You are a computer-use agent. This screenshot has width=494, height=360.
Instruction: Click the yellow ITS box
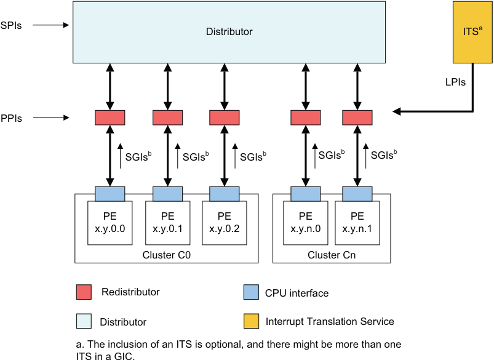[x=472, y=32]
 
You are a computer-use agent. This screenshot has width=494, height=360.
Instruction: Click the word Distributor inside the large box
[x=229, y=31]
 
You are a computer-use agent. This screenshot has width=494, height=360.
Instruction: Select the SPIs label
[x=12, y=26]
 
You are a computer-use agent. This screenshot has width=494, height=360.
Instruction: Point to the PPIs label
[x=12, y=119]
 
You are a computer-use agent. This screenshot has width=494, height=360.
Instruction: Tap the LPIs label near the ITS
[x=455, y=81]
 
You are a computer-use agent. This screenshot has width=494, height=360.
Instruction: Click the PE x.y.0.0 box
[x=110, y=222]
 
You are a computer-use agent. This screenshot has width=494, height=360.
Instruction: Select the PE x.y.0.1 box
[x=167, y=222]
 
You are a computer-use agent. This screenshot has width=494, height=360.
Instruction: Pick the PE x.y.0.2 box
[x=225, y=222]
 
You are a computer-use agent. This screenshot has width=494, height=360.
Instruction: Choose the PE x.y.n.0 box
[x=306, y=222]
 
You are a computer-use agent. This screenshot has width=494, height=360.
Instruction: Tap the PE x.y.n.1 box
[x=357, y=222]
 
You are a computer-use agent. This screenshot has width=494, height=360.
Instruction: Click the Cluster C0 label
[x=166, y=255]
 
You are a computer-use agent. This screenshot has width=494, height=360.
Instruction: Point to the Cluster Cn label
[x=332, y=255]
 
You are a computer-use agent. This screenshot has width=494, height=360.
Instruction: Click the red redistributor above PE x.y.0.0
[x=110, y=117]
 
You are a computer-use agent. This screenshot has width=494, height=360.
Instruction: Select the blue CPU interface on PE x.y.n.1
[x=357, y=193]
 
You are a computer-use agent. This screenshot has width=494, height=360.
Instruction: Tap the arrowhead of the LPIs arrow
[x=397, y=111]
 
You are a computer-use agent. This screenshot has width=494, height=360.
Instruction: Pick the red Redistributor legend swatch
[x=84, y=292]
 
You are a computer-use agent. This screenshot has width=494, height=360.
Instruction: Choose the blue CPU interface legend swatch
[x=250, y=292]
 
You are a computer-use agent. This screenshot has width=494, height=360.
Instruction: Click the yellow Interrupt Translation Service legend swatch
[x=250, y=321]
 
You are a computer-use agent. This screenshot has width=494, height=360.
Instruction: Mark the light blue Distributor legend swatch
[x=84, y=321]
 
